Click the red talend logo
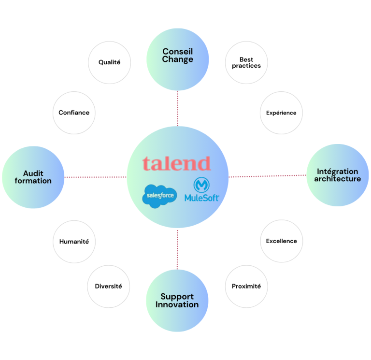(177, 163)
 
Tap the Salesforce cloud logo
(159, 196)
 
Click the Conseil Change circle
(177, 59)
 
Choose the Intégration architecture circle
(337, 175)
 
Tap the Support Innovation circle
(177, 301)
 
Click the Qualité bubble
(109, 62)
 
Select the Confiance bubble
(74, 113)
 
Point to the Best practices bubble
(246, 62)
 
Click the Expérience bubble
(281, 113)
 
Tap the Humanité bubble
(74, 242)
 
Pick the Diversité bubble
(109, 286)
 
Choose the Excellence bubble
(281, 241)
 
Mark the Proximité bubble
(246, 286)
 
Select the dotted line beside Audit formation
(95, 177)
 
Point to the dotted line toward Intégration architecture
(267, 175)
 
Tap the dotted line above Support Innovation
(177, 249)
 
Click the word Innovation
(177, 305)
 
